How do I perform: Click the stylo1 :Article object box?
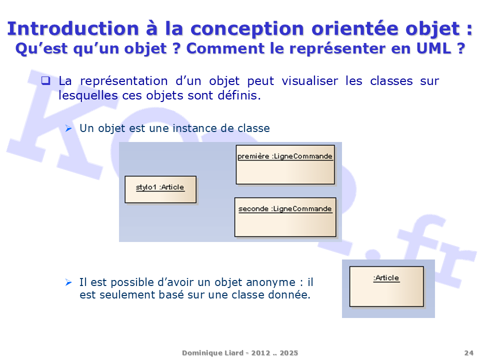click(x=160, y=189)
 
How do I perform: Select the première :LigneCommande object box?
click(x=285, y=164)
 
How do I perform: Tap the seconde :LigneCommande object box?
click(x=285, y=217)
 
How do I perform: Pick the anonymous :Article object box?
click(x=386, y=286)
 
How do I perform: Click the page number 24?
click(x=468, y=353)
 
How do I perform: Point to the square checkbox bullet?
click(x=45, y=81)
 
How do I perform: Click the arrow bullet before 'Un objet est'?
click(x=68, y=128)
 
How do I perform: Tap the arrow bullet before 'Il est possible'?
click(x=68, y=282)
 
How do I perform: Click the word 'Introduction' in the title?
click(x=73, y=28)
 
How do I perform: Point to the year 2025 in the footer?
click(x=288, y=353)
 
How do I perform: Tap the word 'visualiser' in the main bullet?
click(x=310, y=81)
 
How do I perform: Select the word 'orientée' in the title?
click(x=355, y=28)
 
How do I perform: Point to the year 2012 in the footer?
click(x=260, y=353)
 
